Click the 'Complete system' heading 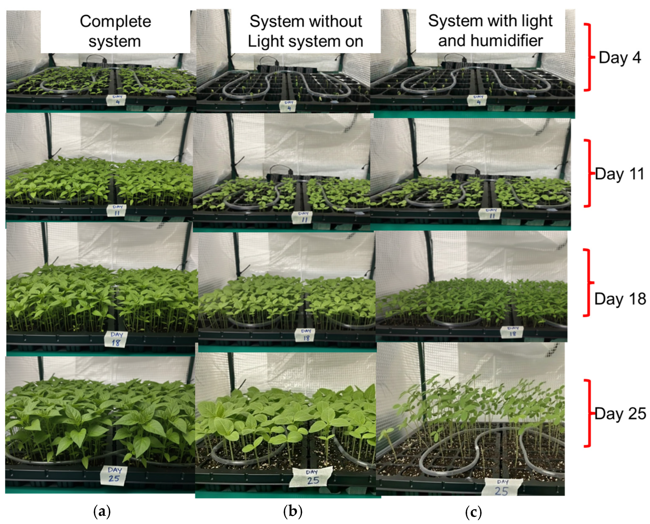[x=115, y=31]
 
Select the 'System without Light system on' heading [x=305, y=31]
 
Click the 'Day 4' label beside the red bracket [x=620, y=57]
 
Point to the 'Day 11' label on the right [x=620, y=174]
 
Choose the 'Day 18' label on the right [x=620, y=299]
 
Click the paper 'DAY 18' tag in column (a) [x=116, y=339]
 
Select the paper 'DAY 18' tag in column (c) [x=513, y=331]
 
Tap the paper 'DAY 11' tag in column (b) [x=303, y=217]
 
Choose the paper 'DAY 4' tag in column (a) [x=117, y=100]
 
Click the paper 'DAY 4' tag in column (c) [x=478, y=100]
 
